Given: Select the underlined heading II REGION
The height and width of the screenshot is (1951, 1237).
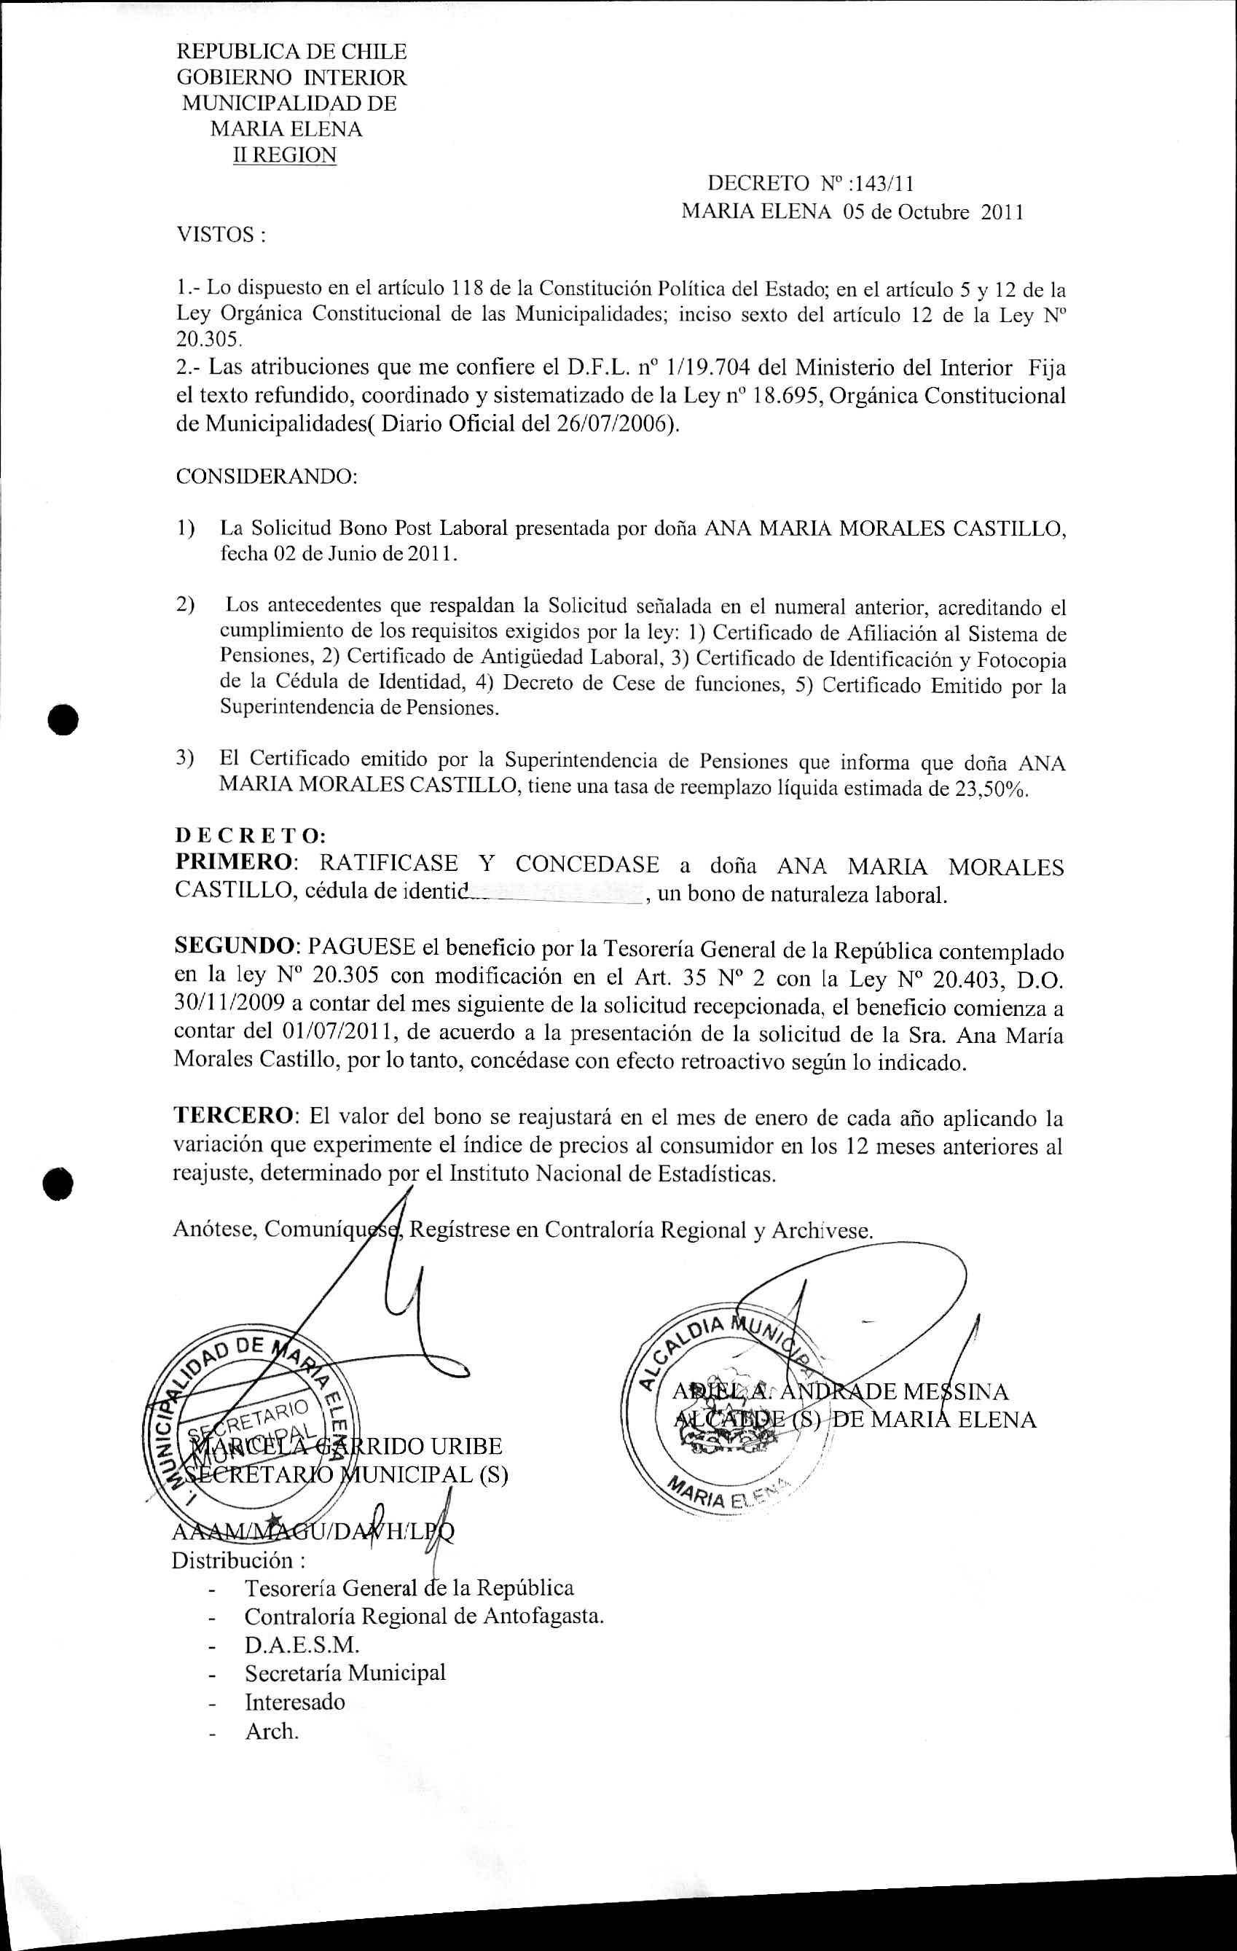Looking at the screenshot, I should point(284,155).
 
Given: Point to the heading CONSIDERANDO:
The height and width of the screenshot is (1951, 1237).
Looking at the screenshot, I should point(267,476).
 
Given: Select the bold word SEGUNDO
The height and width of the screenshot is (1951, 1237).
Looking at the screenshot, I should point(235,946).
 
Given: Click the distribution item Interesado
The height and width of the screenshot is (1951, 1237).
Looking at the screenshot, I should point(295,1702).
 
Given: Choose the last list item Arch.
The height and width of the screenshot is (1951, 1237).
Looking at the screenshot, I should point(272,1731).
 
